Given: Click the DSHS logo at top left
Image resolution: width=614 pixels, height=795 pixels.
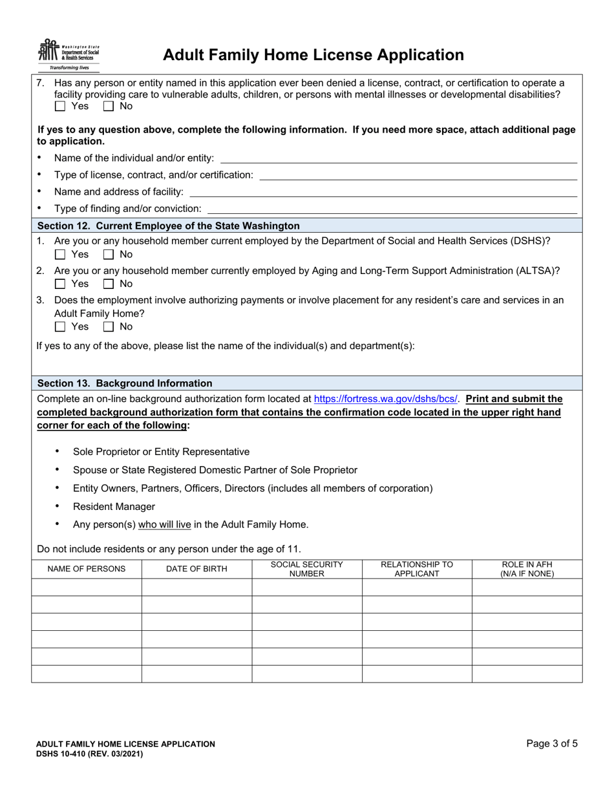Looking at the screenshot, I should [69, 54].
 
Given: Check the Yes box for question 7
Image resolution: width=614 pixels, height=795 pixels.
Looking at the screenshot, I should [60, 106].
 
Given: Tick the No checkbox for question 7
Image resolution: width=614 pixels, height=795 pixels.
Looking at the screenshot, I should [109, 106].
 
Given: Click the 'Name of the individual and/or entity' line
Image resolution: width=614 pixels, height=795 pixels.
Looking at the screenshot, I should [398, 158].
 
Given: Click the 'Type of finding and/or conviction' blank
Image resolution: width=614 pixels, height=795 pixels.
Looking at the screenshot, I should [392, 209].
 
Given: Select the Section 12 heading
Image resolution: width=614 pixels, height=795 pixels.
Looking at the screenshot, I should [169, 226].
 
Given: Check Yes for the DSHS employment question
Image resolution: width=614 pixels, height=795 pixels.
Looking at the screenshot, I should [60, 254].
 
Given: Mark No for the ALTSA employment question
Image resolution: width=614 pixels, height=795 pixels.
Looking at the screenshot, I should [109, 284].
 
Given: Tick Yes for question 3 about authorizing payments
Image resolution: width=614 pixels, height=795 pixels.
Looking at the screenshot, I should [60, 326].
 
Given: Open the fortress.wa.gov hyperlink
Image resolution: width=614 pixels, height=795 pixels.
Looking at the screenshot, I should [386, 399].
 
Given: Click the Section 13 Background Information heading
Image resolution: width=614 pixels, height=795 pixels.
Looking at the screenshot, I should [125, 383].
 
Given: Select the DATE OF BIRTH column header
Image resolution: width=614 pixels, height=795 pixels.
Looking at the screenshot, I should [196, 569].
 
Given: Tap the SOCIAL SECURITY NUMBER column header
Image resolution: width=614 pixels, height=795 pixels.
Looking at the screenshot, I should [306, 569].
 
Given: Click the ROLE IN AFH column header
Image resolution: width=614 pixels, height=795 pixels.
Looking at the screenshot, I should [527, 569].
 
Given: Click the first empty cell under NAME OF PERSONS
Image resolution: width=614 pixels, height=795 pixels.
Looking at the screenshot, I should [87, 588].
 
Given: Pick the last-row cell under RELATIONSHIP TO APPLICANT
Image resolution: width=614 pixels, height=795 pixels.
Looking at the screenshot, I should [416, 673].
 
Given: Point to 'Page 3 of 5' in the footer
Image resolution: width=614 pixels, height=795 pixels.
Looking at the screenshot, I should [552, 743].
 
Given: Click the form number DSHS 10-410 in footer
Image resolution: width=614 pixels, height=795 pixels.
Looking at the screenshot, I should [89, 754].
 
